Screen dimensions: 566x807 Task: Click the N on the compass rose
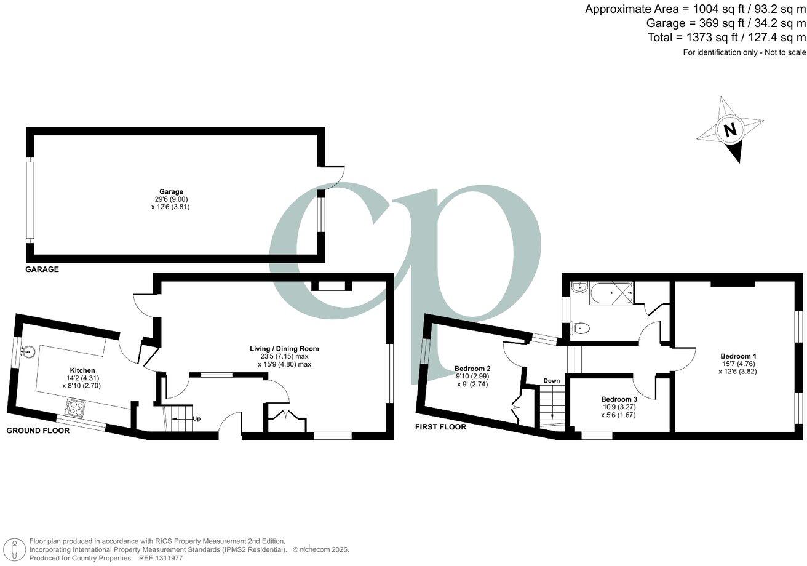730,130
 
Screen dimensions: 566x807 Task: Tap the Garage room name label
172,192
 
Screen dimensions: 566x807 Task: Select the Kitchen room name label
82,370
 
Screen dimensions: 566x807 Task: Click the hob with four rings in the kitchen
76,407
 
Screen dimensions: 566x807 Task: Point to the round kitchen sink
28,352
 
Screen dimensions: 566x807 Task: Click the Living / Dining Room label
284,349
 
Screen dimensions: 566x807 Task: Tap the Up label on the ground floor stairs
196,419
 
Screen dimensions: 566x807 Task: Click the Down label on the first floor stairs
551,381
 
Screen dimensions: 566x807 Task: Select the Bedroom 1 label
738,356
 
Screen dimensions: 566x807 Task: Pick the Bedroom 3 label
618,399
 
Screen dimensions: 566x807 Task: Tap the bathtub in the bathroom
611,294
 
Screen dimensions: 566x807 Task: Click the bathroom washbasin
578,288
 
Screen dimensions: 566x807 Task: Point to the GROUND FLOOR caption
38,431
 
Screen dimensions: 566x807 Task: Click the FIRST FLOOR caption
440,427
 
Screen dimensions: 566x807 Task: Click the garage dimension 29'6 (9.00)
172,199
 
